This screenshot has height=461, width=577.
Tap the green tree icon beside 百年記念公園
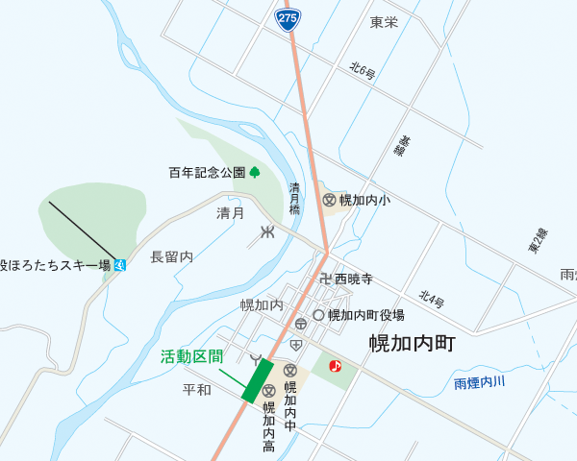pyautogui.click(x=255, y=173)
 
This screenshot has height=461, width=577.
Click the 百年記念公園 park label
pyautogui.click(x=207, y=173)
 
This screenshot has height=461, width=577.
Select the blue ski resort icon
pyautogui.click(x=119, y=264)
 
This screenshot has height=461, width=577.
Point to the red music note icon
pyautogui.click(x=335, y=366)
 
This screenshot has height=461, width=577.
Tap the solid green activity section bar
pyautogui.click(x=257, y=381)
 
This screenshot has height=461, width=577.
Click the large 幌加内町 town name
pyautogui.click(x=411, y=344)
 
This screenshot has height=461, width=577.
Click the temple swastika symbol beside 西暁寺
pyautogui.click(x=325, y=279)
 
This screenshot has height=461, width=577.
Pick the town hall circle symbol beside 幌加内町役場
pyautogui.click(x=318, y=314)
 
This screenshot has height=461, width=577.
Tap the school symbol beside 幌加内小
pyautogui.click(x=329, y=200)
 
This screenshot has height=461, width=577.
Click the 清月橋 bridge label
pyautogui.click(x=295, y=198)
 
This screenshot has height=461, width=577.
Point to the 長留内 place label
pyautogui.click(x=172, y=256)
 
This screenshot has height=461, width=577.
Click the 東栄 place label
pyautogui.click(x=384, y=22)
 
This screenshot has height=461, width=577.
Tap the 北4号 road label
pyautogui.click(x=432, y=299)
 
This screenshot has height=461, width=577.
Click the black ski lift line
pyautogui.click(x=83, y=230)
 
